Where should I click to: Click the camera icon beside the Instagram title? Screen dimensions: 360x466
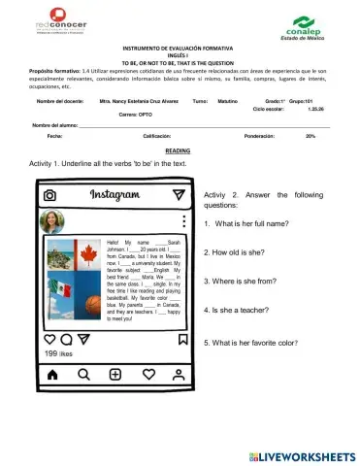point(49,195)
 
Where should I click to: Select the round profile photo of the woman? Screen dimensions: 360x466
point(52,222)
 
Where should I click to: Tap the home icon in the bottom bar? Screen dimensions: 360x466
point(52,374)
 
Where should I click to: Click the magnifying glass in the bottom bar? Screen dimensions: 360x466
point(83,374)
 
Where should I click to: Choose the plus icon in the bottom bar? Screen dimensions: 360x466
point(115,374)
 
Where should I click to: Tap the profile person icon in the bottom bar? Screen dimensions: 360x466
point(179,374)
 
